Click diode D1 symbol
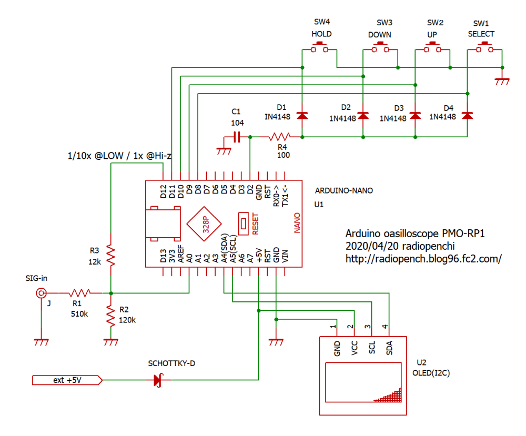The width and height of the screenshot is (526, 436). (302, 115)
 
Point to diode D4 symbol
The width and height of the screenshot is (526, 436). (467, 115)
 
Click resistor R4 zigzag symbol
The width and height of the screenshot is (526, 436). (277, 137)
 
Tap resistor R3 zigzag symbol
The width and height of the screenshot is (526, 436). (111, 255)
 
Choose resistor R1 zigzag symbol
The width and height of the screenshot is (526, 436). (80, 292)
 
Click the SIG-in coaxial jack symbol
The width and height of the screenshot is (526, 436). (41, 293)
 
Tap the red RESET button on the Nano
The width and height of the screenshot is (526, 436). (244, 223)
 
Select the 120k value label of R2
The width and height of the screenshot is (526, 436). (127, 320)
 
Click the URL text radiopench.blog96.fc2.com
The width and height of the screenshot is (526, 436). (423, 259)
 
